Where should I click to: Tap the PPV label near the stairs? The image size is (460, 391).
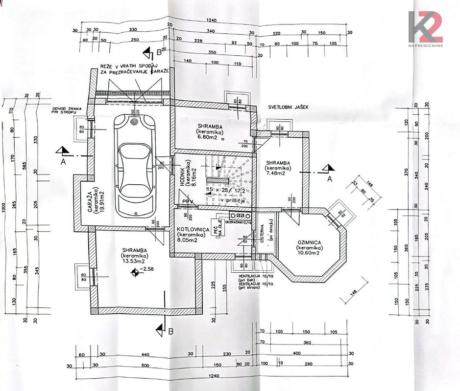click(187, 200)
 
